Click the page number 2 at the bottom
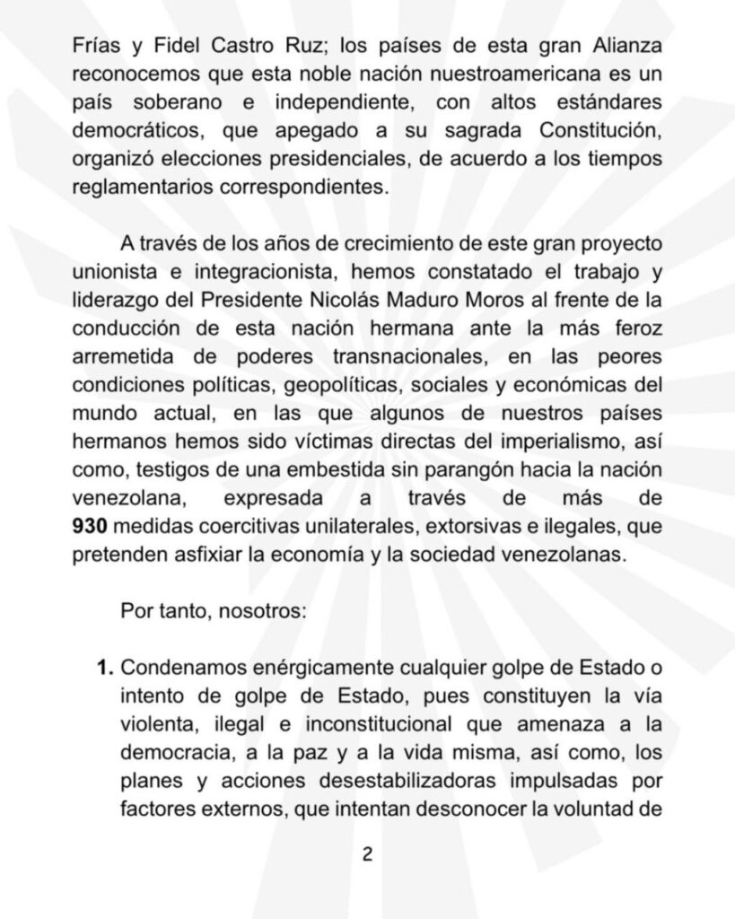point(366,854)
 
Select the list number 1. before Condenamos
point(105,669)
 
